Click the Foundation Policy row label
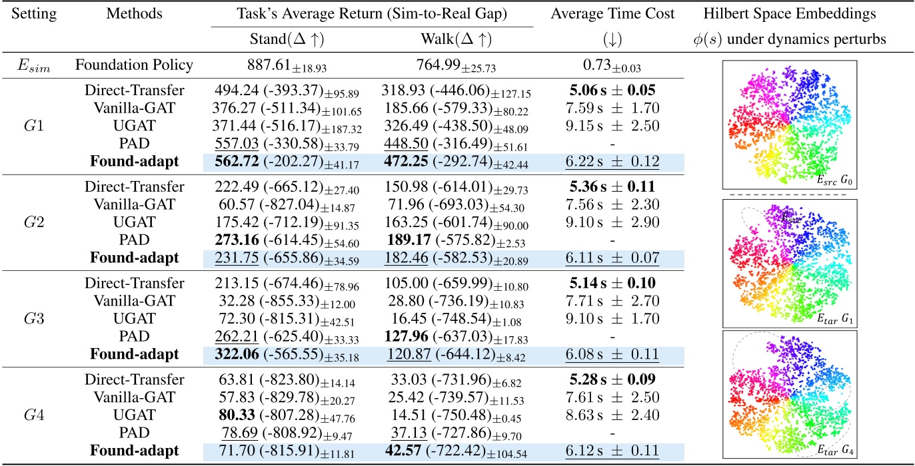(x=134, y=65)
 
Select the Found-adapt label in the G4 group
(x=134, y=450)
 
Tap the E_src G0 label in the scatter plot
(x=831, y=180)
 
